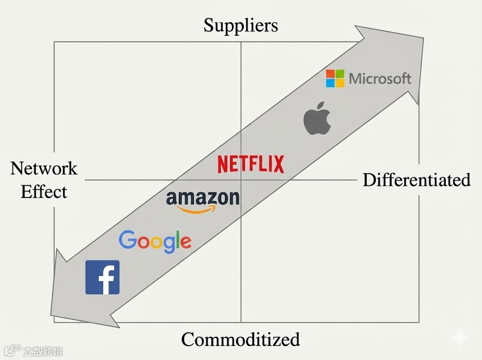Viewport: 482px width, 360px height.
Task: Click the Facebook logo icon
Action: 102,277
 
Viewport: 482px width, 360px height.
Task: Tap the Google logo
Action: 155,241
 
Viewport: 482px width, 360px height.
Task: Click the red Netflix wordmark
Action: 250,164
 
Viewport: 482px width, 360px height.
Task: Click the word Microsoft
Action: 380,79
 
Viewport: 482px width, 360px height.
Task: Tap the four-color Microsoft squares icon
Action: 335,79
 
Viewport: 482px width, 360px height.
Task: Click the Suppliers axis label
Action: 241,25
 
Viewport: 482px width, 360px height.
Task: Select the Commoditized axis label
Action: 240,339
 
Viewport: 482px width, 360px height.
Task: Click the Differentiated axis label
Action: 417,179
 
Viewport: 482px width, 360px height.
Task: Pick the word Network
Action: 44,168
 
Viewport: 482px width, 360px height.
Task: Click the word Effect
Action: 44,192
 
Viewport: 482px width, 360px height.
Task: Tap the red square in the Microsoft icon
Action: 331,74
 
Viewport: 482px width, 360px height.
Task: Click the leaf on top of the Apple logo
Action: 321,103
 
